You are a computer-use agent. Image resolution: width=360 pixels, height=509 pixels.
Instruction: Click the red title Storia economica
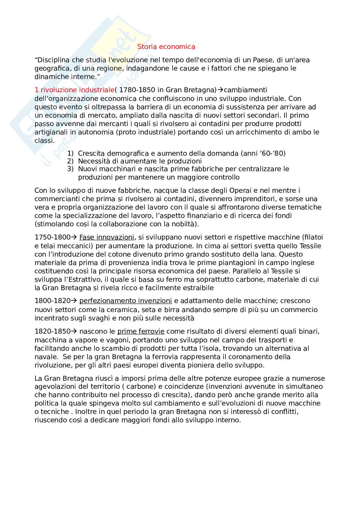click(166, 47)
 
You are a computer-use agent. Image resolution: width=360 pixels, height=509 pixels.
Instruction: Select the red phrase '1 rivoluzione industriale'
click(74, 90)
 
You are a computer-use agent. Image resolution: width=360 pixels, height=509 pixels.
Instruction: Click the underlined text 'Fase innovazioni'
click(106, 238)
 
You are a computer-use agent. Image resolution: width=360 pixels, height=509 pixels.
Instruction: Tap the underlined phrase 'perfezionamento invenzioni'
click(125, 301)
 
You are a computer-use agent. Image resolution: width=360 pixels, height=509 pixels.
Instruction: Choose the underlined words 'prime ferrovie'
click(141, 331)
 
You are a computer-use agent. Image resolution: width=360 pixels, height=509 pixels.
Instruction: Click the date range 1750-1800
click(52, 238)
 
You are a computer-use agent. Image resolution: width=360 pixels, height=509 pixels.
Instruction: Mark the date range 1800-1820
click(52, 301)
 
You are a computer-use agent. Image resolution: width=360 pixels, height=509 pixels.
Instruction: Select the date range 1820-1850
click(52, 331)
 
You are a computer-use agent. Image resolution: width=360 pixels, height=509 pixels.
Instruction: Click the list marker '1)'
click(70, 153)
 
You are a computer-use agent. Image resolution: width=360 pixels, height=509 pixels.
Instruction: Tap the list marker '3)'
click(70, 169)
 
